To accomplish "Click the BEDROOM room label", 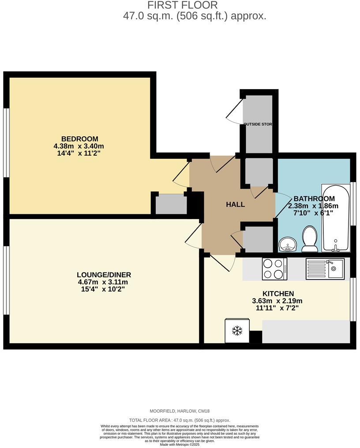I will point(79,139).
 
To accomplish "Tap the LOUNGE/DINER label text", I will point(104,275).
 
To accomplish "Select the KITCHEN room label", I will point(278,294).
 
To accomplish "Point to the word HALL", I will point(235,205).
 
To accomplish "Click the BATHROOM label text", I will point(314,199).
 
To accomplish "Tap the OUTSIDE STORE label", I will point(258,124).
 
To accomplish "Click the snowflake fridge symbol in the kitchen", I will point(237,330).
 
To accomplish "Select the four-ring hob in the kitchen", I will point(273,269).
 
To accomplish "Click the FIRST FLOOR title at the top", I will point(182,5).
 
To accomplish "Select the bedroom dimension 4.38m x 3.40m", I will point(79,146).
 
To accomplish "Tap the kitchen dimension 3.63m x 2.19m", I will point(277,301).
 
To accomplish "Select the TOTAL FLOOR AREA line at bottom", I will point(180,421).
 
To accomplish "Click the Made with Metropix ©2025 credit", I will point(180,444).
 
